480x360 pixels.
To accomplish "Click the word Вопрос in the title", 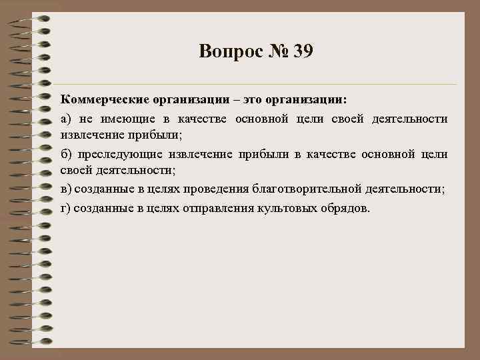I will (x=229, y=51).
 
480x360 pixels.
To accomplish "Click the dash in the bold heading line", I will (x=243, y=99).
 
